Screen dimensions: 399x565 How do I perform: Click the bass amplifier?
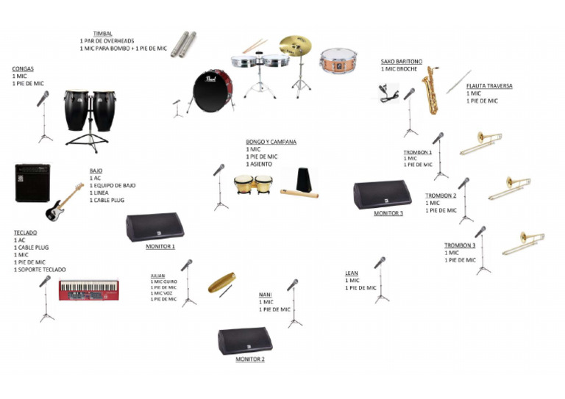tap(33, 183)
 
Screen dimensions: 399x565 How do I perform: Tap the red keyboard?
tap(88, 290)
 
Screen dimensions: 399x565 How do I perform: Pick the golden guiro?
tap(220, 284)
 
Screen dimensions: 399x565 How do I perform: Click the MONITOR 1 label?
tap(160, 247)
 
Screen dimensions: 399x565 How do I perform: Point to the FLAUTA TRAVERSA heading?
tap(488, 86)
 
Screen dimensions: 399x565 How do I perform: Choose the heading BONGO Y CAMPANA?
tap(271, 142)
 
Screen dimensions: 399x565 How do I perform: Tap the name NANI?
tap(265, 295)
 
